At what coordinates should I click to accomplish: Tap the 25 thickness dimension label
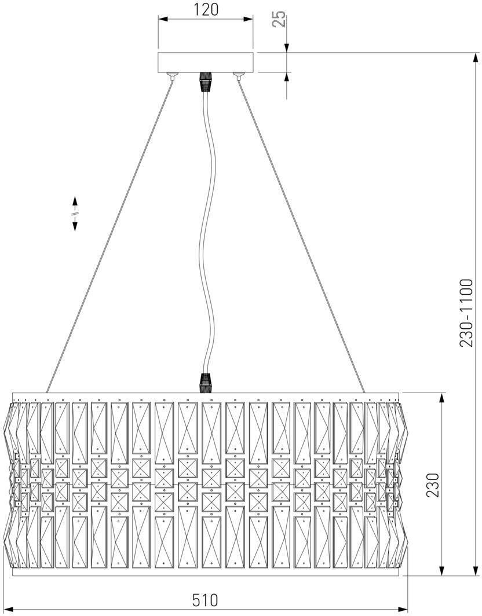click(279, 19)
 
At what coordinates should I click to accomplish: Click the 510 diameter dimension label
click(205, 600)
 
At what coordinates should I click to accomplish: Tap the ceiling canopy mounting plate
click(206, 62)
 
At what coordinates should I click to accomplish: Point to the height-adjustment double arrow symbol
click(75, 214)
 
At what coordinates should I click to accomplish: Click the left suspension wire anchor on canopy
click(172, 75)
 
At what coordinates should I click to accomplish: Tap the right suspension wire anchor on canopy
click(237, 75)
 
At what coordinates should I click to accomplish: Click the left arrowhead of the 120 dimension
click(163, 20)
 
